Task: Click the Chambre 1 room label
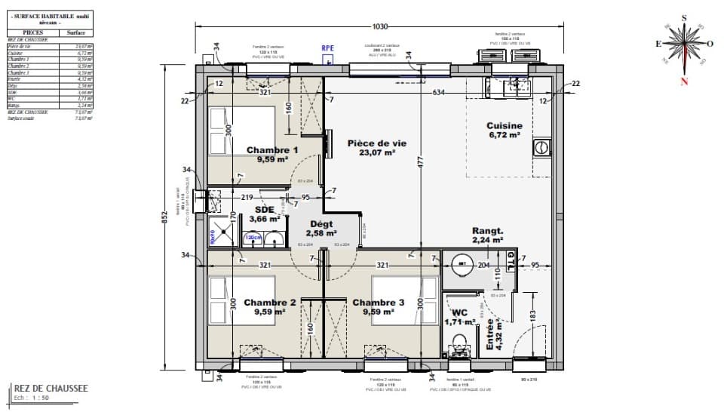272,150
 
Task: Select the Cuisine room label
505,126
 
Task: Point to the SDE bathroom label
264,209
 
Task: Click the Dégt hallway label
321,224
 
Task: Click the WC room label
460,312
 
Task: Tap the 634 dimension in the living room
437,93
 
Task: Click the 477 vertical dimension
421,162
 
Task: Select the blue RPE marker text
328,48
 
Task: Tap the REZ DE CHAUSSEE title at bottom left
51,389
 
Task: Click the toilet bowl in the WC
458,350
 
